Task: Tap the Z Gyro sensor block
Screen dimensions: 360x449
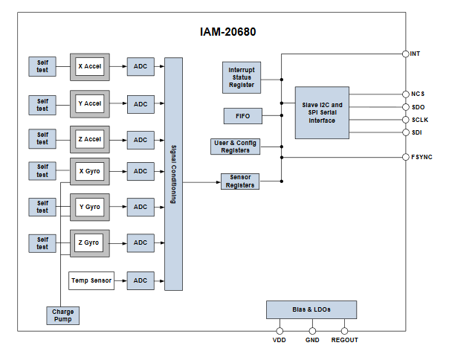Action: pyautogui.click(x=90, y=242)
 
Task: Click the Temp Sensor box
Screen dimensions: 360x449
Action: pyautogui.click(x=90, y=280)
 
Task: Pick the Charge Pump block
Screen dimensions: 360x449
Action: pyautogui.click(x=62, y=315)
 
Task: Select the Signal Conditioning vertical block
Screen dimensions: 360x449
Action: pyautogui.click(x=173, y=174)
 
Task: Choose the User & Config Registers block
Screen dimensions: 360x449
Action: pyautogui.click(x=236, y=147)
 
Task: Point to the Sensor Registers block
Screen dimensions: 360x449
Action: pyautogui.click(x=239, y=181)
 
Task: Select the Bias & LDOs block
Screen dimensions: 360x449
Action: pyautogui.click(x=311, y=309)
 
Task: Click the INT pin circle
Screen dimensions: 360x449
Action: pyautogui.click(x=405, y=54)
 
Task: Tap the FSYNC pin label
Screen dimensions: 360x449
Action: pyautogui.click(x=421, y=157)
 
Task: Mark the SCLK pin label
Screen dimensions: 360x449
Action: pyautogui.click(x=419, y=120)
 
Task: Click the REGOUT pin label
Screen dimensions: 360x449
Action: pyautogui.click(x=344, y=340)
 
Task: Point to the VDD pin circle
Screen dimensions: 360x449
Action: pyautogui.click(x=280, y=331)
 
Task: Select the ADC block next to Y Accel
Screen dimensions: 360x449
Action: pyautogui.click(x=140, y=103)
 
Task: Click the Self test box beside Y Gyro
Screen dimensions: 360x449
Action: pyautogui.click(x=42, y=207)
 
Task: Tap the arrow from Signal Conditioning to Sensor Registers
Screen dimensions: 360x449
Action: pyautogui.click(x=201, y=181)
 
